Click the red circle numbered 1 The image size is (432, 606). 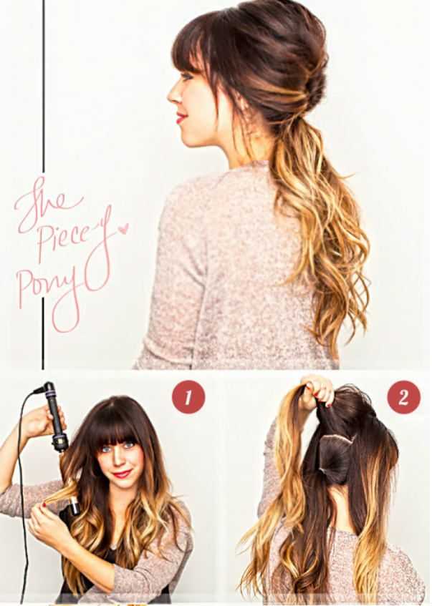point(188,397)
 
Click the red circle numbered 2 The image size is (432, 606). point(403,397)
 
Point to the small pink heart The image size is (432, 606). point(123,228)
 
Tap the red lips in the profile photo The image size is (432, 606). point(181,117)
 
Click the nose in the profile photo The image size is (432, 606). point(173,94)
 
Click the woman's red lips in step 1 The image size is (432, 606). point(122,474)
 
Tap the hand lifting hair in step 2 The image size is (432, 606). point(317,391)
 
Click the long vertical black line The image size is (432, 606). point(44,185)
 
